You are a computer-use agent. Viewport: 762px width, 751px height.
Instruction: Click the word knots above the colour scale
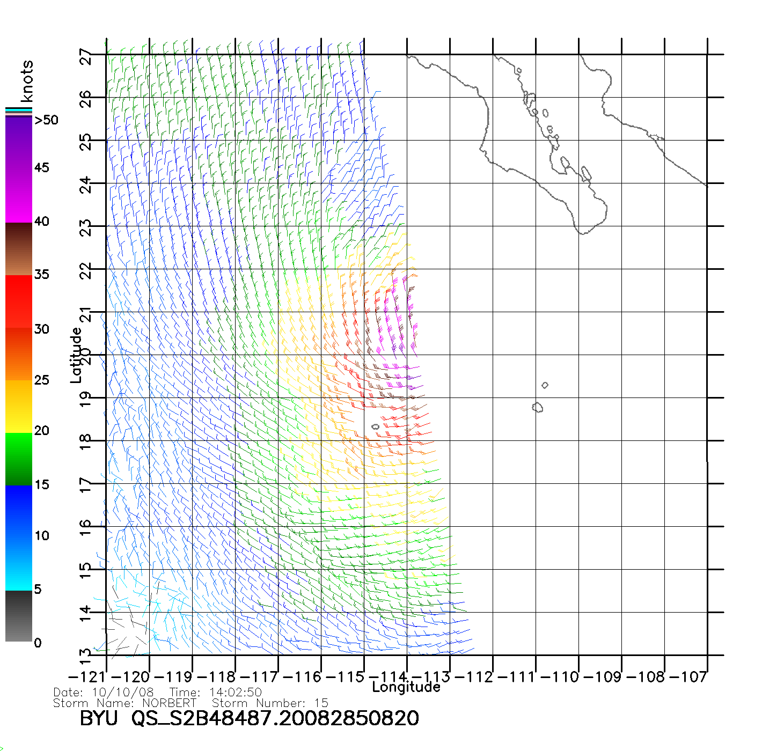coord(27,81)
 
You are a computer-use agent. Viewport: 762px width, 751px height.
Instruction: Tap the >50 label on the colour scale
coord(46,120)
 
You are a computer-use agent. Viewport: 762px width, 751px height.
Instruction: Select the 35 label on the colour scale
coord(41,275)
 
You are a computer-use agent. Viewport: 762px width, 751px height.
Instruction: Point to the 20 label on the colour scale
coord(41,431)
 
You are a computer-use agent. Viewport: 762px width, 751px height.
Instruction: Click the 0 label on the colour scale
coord(38,643)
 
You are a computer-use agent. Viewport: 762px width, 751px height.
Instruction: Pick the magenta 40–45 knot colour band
coord(19,196)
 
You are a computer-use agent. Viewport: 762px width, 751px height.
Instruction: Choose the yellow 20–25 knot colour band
coord(19,406)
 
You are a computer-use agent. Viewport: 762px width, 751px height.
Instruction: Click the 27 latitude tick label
coord(86,56)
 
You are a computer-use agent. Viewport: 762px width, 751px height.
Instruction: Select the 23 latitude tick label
coord(86,228)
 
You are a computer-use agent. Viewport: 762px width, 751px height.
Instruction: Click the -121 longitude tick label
coord(86,677)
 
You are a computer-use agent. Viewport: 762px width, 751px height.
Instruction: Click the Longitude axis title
coord(406,687)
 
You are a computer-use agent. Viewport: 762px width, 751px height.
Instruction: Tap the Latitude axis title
coord(76,355)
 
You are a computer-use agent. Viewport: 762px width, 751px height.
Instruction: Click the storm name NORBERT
coord(170,703)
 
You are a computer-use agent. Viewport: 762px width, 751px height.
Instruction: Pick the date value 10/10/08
coord(123,693)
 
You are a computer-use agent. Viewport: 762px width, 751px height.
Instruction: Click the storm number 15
coord(321,703)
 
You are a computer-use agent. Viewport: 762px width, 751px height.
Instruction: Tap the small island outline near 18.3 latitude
coord(375,427)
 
